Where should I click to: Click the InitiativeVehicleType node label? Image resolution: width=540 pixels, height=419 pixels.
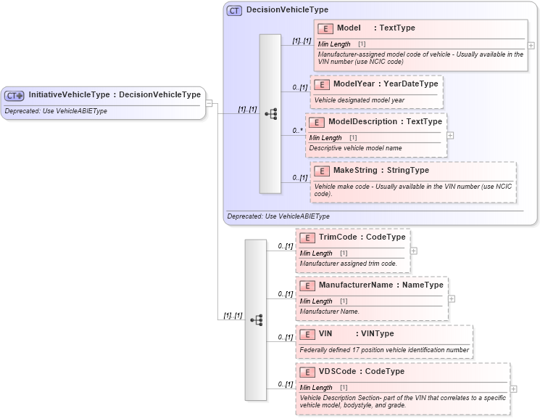point(115,95)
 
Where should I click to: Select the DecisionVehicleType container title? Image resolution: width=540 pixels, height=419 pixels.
point(287,10)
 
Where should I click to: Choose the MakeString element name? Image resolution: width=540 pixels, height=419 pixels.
point(381,171)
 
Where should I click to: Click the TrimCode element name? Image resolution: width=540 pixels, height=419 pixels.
point(362,237)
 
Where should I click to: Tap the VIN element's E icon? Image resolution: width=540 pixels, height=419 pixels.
point(307,334)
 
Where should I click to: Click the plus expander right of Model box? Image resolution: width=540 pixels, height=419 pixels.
point(531,45)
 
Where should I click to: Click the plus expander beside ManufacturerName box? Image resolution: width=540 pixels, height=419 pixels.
point(452,298)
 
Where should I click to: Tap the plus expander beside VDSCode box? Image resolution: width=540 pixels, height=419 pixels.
point(514,389)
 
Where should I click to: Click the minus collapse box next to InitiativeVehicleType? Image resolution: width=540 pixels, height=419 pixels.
point(209,102)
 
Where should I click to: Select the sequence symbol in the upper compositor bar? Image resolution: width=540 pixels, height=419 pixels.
point(271,113)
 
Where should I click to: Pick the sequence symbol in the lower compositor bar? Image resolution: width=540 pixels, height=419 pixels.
point(256,320)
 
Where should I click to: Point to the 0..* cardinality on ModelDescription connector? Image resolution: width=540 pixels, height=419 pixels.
point(297,131)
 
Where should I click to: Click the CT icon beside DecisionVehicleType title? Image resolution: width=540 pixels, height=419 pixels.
point(235,11)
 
